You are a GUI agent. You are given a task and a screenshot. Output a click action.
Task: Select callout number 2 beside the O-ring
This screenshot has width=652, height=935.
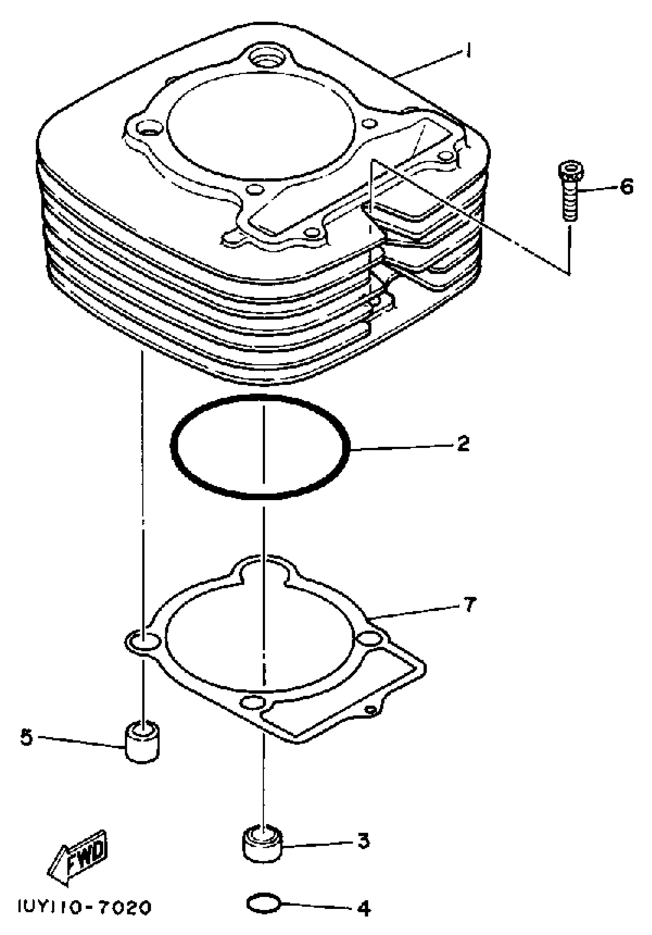tap(463, 443)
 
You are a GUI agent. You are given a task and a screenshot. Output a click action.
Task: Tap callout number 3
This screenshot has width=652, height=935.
tap(364, 841)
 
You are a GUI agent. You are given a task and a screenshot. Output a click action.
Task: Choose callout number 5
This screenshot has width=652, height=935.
tap(26, 737)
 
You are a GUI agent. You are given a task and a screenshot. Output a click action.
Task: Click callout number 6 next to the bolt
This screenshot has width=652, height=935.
tap(626, 187)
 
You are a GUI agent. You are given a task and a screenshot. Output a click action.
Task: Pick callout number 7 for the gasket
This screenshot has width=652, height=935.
tap(469, 604)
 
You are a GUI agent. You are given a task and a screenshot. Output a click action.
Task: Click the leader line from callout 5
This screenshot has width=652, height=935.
tap(81, 741)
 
